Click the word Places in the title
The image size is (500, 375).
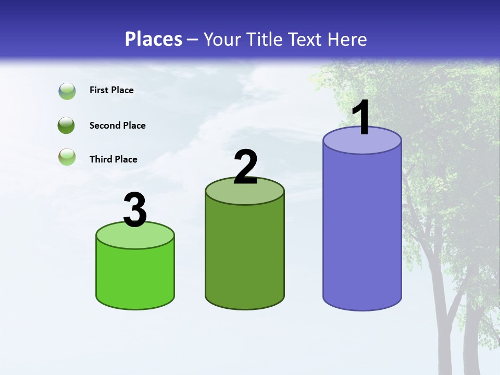(x=154, y=39)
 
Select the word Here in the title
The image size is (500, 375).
(x=348, y=39)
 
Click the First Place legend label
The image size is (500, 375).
(x=111, y=90)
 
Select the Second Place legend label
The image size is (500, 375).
(x=117, y=126)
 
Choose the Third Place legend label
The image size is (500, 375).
(x=113, y=159)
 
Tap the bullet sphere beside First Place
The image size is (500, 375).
(x=67, y=91)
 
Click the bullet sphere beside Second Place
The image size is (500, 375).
(x=67, y=126)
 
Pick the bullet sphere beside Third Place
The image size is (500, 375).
(x=67, y=157)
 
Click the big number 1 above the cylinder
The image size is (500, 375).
(x=361, y=118)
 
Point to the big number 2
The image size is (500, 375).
(x=245, y=167)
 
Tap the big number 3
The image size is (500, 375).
(x=135, y=210)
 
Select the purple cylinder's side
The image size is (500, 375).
(x=362, y=229)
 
